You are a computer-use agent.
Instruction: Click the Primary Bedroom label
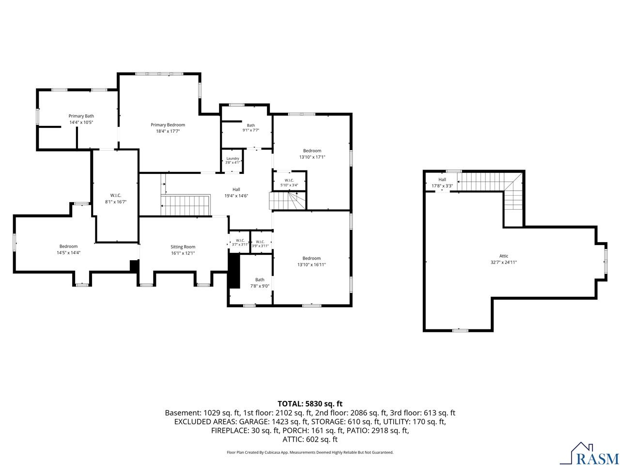tap(168, 125)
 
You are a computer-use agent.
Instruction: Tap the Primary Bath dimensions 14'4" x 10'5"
tap(81, 122)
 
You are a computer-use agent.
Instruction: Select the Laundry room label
tap(232, 158)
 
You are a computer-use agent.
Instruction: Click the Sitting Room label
tap(183, 247)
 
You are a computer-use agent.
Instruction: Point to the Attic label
tap(504, 256)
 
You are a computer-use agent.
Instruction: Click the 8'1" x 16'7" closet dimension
tap(116, 202)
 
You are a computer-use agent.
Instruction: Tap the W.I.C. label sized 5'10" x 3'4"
tap(289, 180)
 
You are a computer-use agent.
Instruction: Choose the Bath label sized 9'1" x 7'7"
tap(250, 125)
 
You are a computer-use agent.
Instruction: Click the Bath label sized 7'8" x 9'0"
tap(260, 279)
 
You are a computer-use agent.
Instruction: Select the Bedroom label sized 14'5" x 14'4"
tap(68, 246)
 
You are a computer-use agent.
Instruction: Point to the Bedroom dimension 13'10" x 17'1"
tap(312, 157)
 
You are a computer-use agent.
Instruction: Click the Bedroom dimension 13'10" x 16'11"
tap(311, 264)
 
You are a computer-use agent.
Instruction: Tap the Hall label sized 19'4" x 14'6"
tap(236, 189)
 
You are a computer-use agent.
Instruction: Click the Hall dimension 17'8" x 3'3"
tap(442, 186)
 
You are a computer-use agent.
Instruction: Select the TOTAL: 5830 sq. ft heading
tap(310, 404)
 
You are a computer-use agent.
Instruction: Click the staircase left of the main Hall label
tap(186, 205)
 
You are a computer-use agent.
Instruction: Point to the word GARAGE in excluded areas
tap(254, 421)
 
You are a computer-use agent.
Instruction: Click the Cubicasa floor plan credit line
tap(310, 452)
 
